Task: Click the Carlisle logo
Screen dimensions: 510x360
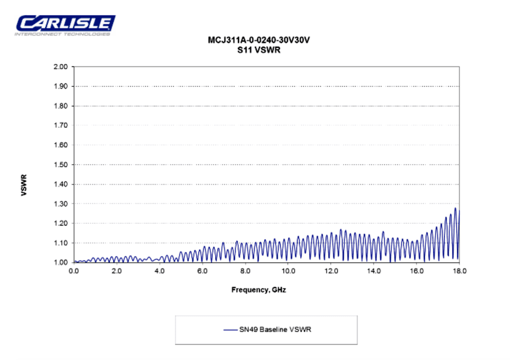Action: (65, 25)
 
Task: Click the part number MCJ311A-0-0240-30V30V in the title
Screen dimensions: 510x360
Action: (259, 40)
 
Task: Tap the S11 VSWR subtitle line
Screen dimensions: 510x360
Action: (259, 50)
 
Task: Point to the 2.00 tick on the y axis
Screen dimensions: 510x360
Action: (61, 67)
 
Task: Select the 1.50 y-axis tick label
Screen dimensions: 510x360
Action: (61, 164)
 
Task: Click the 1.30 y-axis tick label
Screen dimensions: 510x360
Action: (61, 204)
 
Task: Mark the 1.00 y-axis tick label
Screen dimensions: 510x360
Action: (61, 262)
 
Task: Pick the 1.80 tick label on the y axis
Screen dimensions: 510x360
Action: (61, 106)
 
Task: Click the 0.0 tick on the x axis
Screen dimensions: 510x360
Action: (74, 271)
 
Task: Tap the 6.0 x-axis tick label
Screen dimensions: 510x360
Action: (202, 271)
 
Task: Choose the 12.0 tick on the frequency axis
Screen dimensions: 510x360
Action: (331, 271)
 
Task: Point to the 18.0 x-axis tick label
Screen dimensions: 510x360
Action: (459, 271)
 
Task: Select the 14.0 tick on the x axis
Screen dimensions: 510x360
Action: (374, 271)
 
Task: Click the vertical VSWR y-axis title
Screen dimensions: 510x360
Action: (24, 185)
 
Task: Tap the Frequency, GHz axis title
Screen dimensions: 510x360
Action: (258, 290)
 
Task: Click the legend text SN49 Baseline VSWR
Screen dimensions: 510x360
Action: (275, 330)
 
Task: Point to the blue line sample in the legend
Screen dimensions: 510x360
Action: (230, 330)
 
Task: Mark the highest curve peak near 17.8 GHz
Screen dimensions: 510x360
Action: (455, 208)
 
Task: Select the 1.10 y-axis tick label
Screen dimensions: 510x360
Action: (61, 243)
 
